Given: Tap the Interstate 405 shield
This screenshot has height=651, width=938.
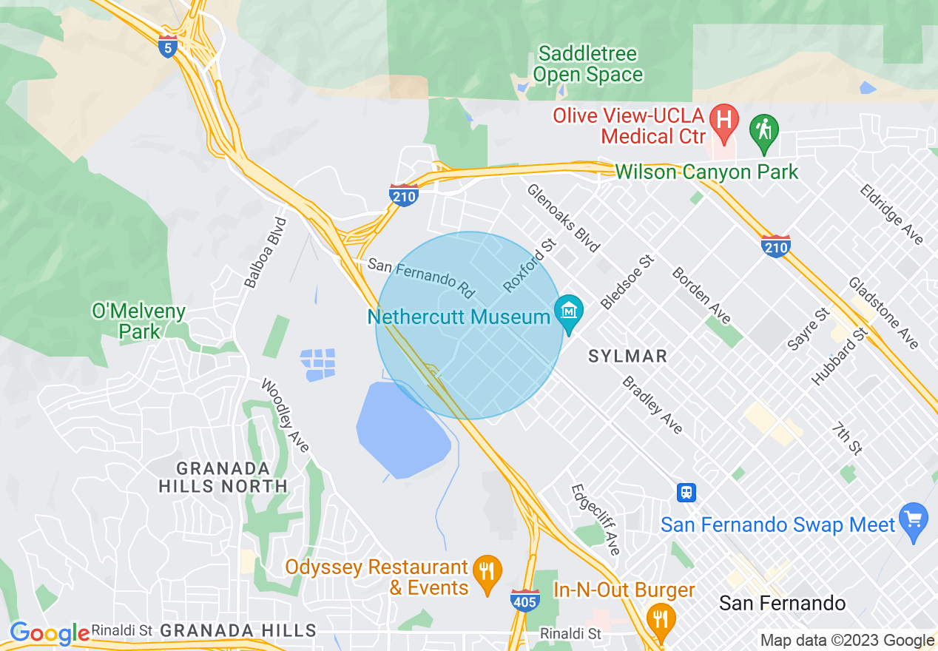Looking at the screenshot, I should tap(524, 600).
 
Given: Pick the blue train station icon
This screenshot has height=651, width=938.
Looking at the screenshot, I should tap(686, 493).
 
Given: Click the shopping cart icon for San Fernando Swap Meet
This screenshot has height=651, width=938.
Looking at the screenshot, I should tap(914, 520).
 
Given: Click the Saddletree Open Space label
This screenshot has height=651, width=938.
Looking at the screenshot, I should tap(588, 64).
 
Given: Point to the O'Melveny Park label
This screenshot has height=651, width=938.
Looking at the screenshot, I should tap(139, 321).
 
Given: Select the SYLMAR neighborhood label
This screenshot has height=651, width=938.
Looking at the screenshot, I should tap(627, 356).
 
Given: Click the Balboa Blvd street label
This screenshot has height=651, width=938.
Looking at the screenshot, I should tap(266, 252).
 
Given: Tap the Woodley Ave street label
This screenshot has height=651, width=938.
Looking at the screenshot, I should tap(285, 416).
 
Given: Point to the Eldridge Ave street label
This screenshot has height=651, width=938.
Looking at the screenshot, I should tap(891, 214).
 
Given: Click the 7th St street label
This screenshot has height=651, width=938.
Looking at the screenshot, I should tap(847, 438).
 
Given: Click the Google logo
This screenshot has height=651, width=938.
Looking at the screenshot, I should tap(50, 633).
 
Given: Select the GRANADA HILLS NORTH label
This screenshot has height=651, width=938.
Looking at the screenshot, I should tap(223, 477).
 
